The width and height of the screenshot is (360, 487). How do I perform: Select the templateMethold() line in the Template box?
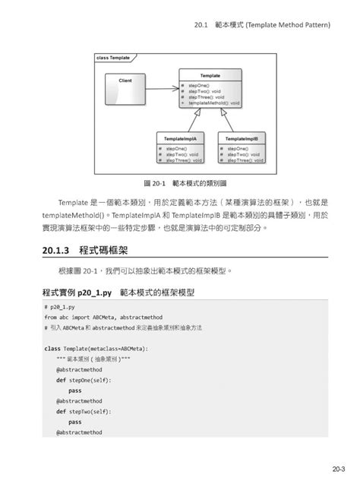[215, 103]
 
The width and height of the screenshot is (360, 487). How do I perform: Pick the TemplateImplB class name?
[242, 139]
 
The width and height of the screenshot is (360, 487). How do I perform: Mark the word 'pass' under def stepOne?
[74, 391]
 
